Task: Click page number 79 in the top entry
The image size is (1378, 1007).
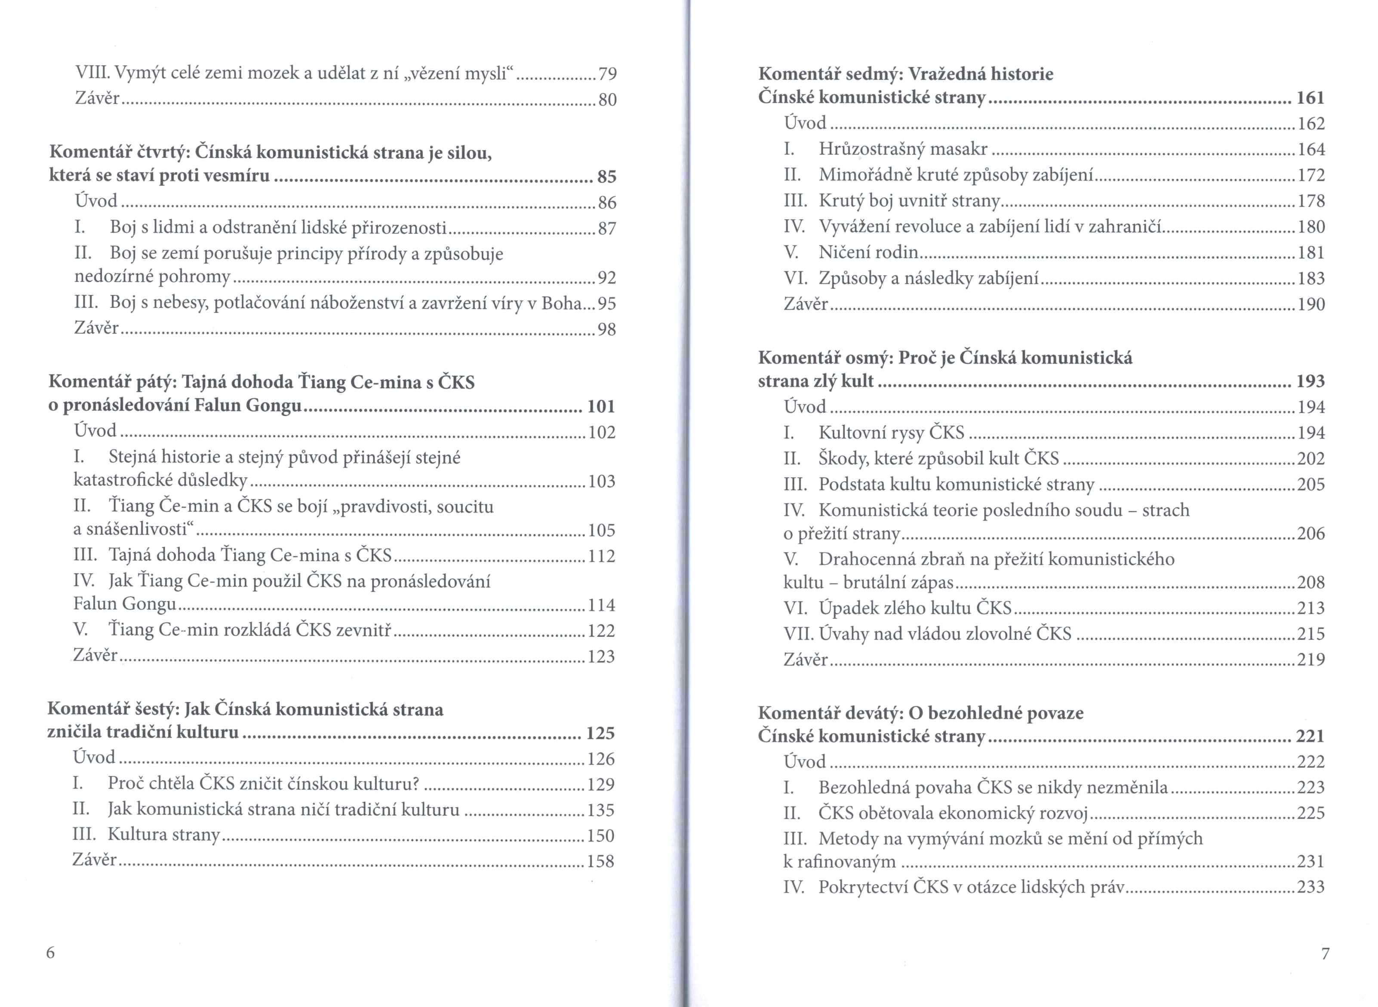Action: (x=607, y=74)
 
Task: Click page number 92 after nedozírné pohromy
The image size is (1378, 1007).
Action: (x=607, y=278)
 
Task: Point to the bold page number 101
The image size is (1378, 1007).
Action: (x=601, y=407)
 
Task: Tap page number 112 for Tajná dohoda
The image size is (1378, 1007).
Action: (x=601, y=556)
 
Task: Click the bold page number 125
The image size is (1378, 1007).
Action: (x=600, y=733)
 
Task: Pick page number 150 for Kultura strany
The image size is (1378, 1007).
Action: (x=600, y=836)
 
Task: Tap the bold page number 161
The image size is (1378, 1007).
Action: (x=1310, y=98)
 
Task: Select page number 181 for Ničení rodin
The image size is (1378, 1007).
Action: (x=1311, y=252)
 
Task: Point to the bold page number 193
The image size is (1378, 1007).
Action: (x=1310, y=381)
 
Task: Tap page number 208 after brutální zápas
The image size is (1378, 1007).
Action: (x=1311, y=583)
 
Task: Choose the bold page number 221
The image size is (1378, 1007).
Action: (x=1310, y=737)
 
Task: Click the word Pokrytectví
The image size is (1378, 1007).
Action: (x=862, y=887)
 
